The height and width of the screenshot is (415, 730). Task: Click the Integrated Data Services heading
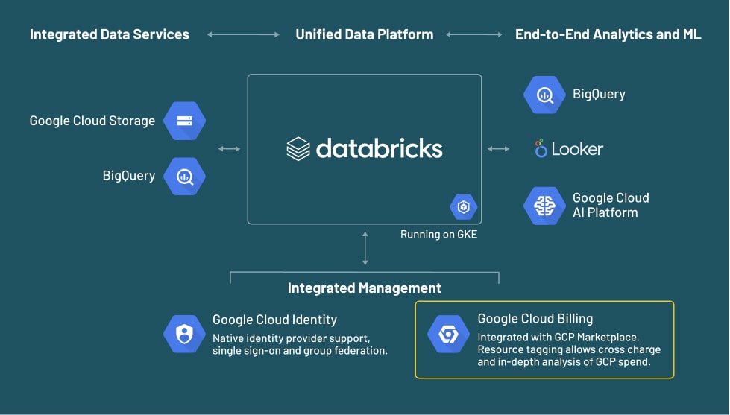coord(110,34)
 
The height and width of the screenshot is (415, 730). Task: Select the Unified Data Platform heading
coord(364,34)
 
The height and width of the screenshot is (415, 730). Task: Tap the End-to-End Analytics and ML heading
coord(608,34)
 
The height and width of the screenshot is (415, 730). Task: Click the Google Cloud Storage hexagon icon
coord(184,121)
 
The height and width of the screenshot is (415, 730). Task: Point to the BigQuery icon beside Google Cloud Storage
coord(184,176)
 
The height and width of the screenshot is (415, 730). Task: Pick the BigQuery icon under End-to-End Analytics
coord(544,95)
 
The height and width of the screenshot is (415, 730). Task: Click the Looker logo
coord(569,149)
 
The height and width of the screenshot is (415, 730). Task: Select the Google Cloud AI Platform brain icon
coord(544,205)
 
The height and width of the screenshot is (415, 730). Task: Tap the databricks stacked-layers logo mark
coord(298,148)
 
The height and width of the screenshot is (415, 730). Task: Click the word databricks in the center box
coord(379,148)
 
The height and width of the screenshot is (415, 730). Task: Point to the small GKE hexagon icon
coord(463,206)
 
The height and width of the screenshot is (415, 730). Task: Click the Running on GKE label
coord(438,235)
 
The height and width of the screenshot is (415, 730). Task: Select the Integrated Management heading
coord(365,288)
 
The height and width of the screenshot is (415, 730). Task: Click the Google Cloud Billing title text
coord(535,319)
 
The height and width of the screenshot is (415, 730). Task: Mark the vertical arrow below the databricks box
coord(365,248)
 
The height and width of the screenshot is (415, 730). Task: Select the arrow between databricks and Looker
coord(499,149)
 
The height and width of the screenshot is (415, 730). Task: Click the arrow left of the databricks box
coord(230,149)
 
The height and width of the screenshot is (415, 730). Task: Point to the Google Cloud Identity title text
coord(274,320)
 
